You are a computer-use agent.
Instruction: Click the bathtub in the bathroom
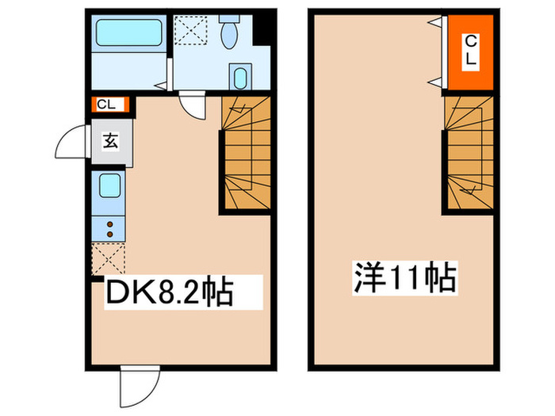[x=129, y=32]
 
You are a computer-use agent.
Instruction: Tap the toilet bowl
[x=229, y=36]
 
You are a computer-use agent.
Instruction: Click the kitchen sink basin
[x=109, y=185]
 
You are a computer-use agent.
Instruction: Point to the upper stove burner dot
[x=109, y=224]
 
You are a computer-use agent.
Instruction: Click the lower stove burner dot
[x=109, y=235]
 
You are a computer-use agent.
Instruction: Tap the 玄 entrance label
[x=110, y=142]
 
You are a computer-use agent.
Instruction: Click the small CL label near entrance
[x=106, y=105]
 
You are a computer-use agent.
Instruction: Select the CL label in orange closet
[x=471, y=52]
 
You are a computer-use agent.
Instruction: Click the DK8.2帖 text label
[x=170, y=292]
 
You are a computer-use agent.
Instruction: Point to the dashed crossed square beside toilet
[x=190, y=30]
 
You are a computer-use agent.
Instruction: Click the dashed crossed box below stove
[x=109, y=258]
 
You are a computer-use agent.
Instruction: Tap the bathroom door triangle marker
[x=161, y=86]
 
